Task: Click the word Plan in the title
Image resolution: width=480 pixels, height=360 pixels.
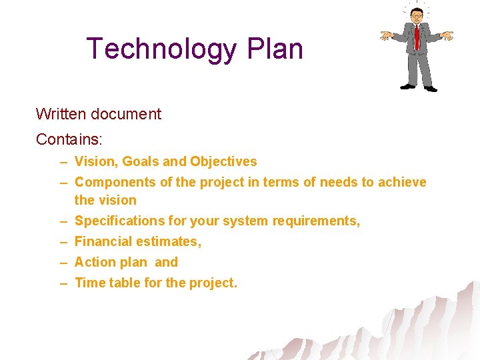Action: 275,49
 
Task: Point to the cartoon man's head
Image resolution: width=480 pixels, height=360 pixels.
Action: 417,15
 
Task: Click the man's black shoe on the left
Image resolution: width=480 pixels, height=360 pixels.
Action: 407,86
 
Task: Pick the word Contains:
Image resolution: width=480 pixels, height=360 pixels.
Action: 68,139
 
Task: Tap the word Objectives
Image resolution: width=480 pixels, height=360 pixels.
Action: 223,161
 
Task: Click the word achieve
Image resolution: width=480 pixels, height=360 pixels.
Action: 402,182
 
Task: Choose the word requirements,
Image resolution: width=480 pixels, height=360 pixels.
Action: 317,221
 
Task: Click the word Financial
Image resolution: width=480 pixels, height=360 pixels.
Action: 101,241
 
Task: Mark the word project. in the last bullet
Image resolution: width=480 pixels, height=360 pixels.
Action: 213,283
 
